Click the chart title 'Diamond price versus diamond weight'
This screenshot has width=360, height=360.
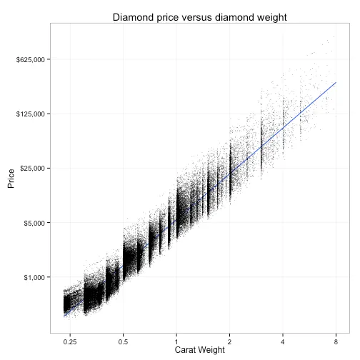tap(199, 17)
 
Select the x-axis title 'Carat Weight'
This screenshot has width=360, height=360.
tap(199, 350)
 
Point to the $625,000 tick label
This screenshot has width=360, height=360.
tap(31, 59)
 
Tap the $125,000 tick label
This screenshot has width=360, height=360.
tap(31, 114)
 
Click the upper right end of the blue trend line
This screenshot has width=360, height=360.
tap(336, 82)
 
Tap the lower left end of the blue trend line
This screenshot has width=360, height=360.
tap(64, 315)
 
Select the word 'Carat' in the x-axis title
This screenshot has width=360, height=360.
tap(187, 350)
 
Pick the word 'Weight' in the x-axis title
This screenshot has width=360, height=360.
tap(213, 350)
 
